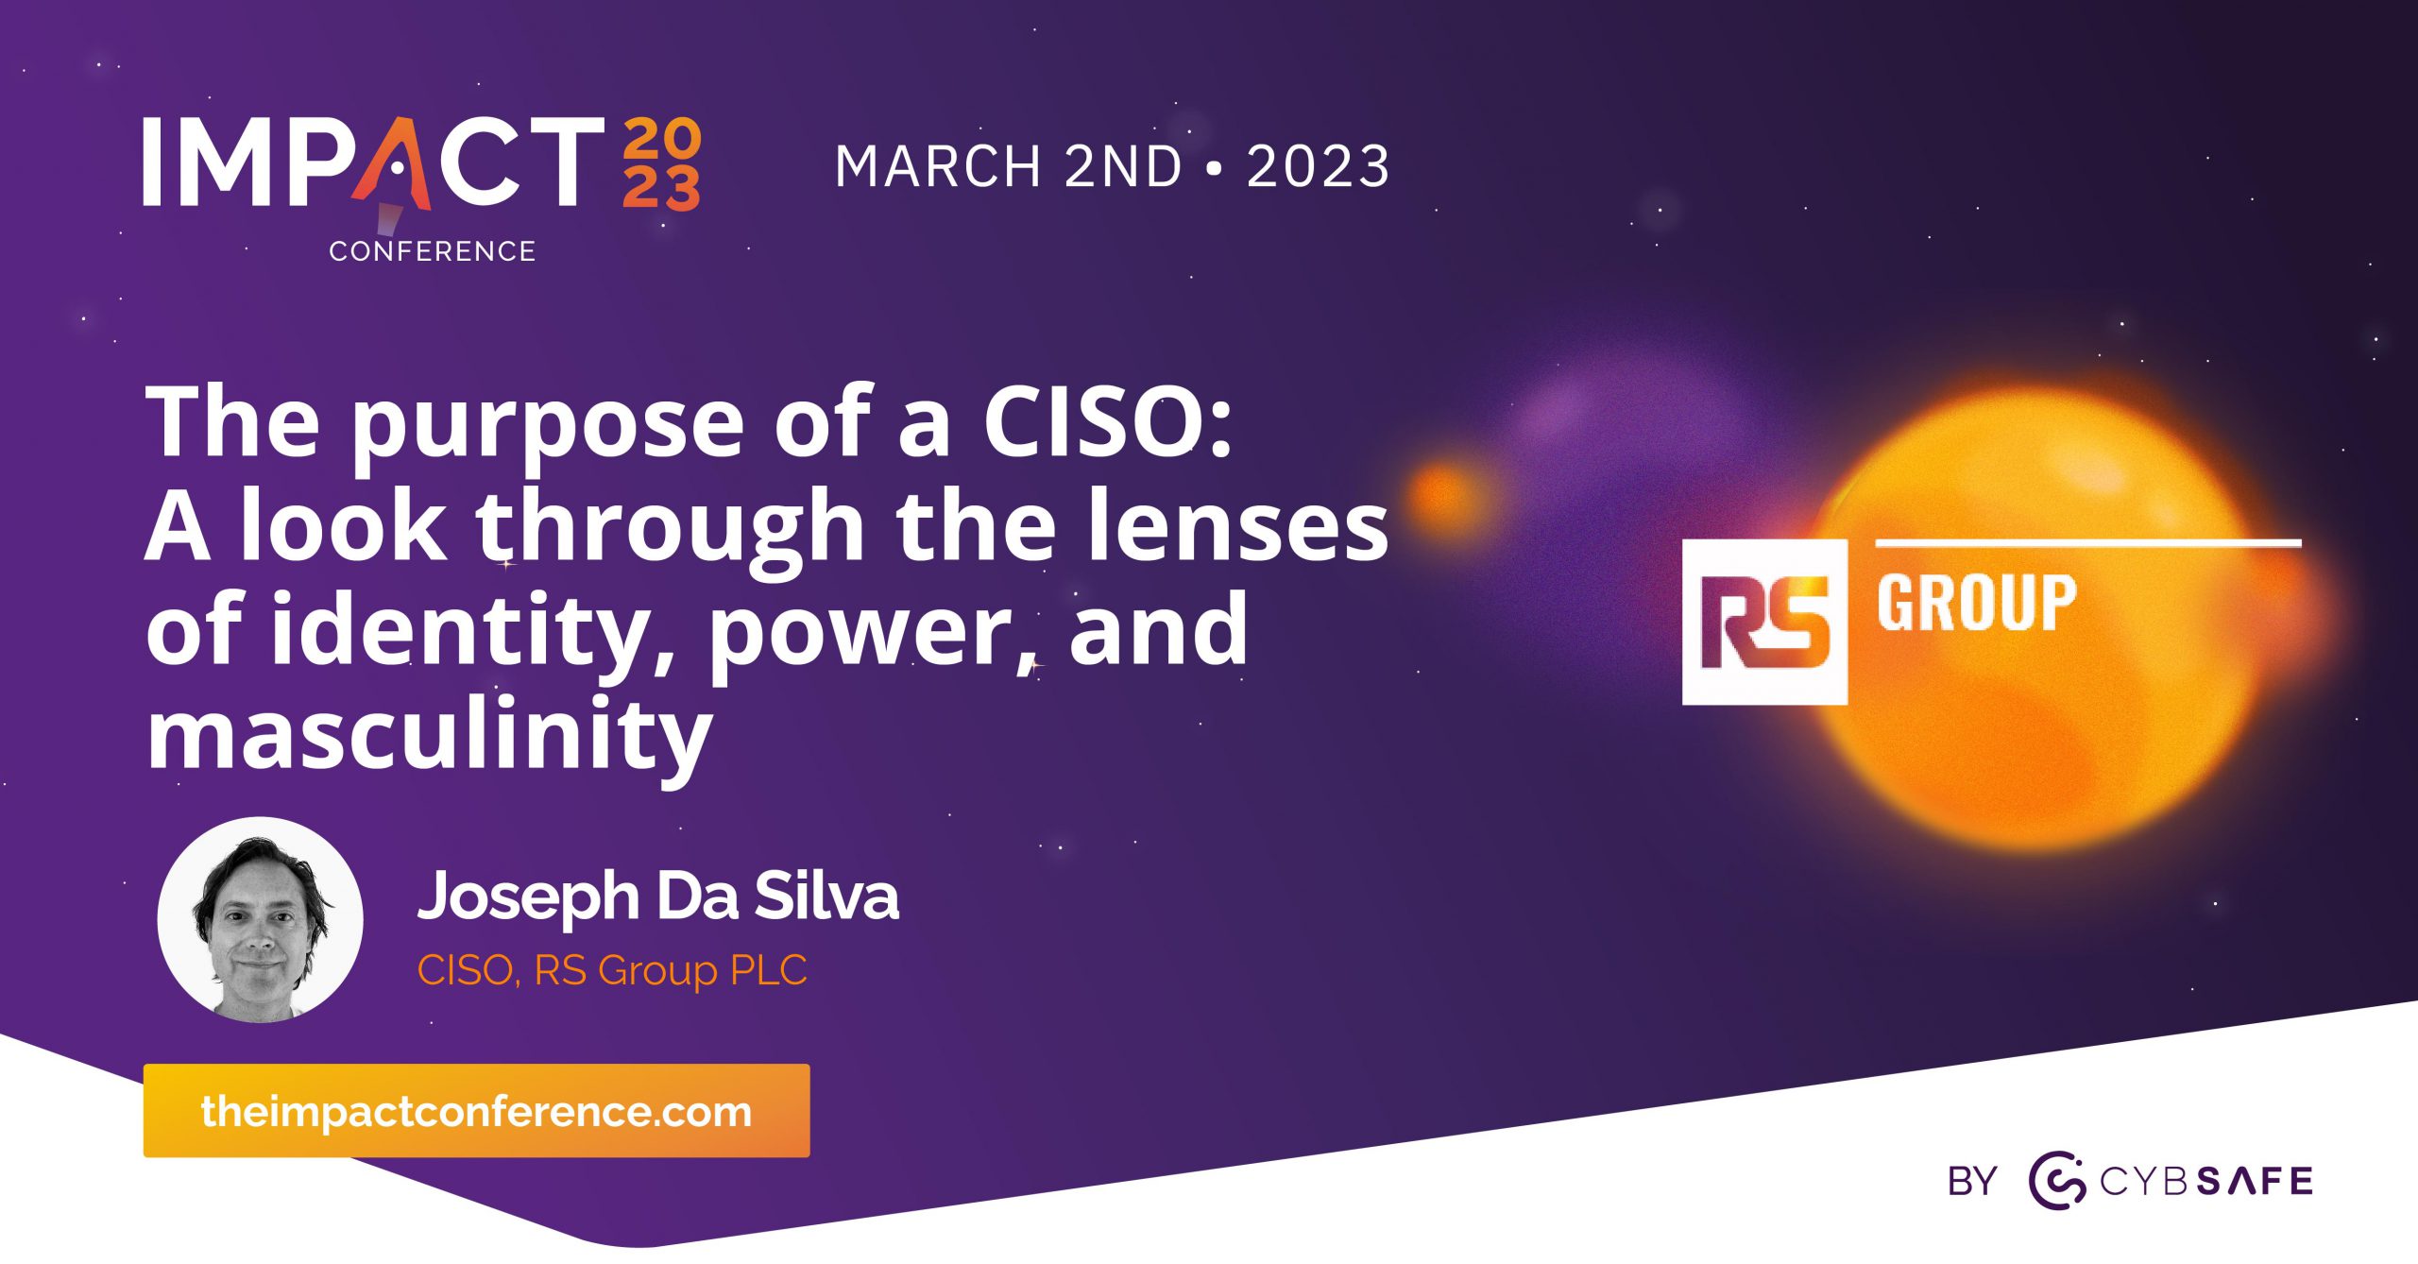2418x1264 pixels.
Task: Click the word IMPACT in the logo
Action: coord(373,162)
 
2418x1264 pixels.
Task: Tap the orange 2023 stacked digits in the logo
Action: coord(661,162)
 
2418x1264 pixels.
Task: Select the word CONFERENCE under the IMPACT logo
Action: coord(432,251)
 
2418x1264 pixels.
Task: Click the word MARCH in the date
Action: coord(938,166)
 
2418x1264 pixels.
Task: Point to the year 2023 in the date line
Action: coord(1318,166)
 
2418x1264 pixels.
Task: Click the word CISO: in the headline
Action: coord(1107,422)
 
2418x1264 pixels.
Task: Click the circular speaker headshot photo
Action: coord(260,919)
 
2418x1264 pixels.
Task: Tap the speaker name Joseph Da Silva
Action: coord(658,896)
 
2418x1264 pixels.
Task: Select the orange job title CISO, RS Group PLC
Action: coord(612,970)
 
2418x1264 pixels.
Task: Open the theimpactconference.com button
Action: coord(476,1111)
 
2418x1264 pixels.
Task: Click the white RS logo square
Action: coord(1763,622)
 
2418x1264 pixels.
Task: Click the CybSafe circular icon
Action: coord(2057,1181)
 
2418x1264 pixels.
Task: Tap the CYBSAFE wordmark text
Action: coord(2206,1182)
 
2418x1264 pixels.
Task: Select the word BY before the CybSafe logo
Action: coord(1972,1182)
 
